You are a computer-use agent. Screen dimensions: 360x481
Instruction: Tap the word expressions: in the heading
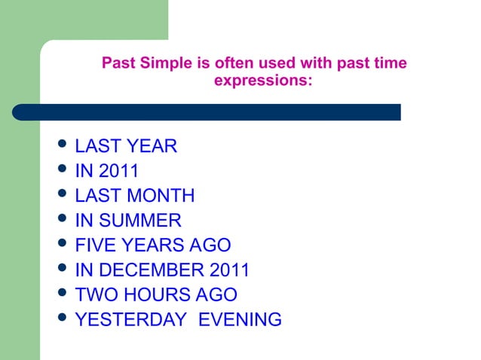coord(262,79)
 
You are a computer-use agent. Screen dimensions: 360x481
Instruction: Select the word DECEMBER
coord(151,270)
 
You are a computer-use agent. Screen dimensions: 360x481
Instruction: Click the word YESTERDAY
coord(130,320)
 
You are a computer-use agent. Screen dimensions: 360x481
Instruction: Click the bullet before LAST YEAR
coord(63,145)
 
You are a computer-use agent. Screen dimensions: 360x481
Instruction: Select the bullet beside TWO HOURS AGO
coord(63,294)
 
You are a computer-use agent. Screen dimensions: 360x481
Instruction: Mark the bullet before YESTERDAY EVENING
coord(63,319)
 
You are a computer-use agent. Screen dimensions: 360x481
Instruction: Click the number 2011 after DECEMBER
coord(230,270)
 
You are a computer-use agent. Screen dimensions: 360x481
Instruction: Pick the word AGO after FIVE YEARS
coord(210,246)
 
